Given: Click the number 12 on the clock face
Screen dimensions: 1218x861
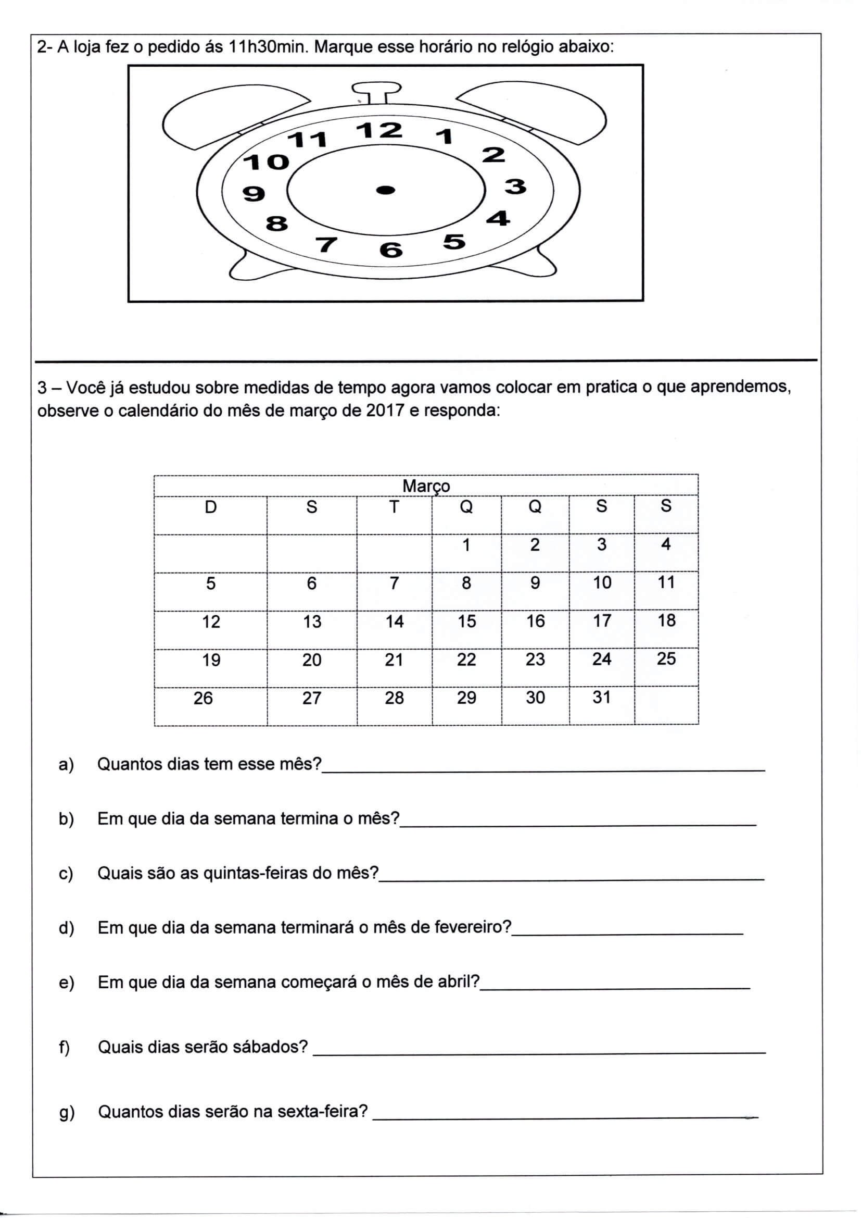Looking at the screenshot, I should coord(379,130).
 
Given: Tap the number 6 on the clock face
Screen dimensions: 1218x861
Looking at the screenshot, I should coord(391,250).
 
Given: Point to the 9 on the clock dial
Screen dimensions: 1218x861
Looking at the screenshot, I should coord(254,194).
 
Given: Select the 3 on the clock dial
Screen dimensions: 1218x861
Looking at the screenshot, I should coord(515,187).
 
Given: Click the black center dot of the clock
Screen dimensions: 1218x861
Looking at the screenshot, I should coord(386,190).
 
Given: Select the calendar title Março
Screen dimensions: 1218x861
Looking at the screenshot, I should coord(426,486).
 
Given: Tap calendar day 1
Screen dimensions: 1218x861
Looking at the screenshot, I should coord(466,545).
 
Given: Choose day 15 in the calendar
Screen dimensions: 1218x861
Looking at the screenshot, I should coord(466,621).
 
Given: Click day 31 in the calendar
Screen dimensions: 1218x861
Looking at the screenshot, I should coord(602,697).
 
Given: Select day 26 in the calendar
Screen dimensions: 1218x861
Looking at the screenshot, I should coord(203,698).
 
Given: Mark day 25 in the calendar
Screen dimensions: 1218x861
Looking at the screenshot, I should coord(666,659).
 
